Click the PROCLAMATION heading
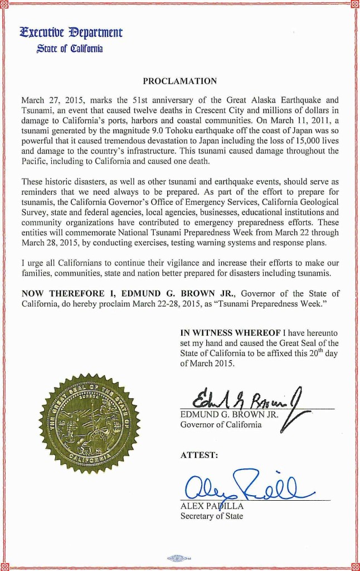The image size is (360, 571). (180, 81)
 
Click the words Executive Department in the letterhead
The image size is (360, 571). (71, 32)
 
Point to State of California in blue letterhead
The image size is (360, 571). (70, 49)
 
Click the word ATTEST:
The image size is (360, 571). (199, 455)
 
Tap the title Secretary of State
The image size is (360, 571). (212, 516)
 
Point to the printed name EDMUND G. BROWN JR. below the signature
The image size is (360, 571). (228, 415)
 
